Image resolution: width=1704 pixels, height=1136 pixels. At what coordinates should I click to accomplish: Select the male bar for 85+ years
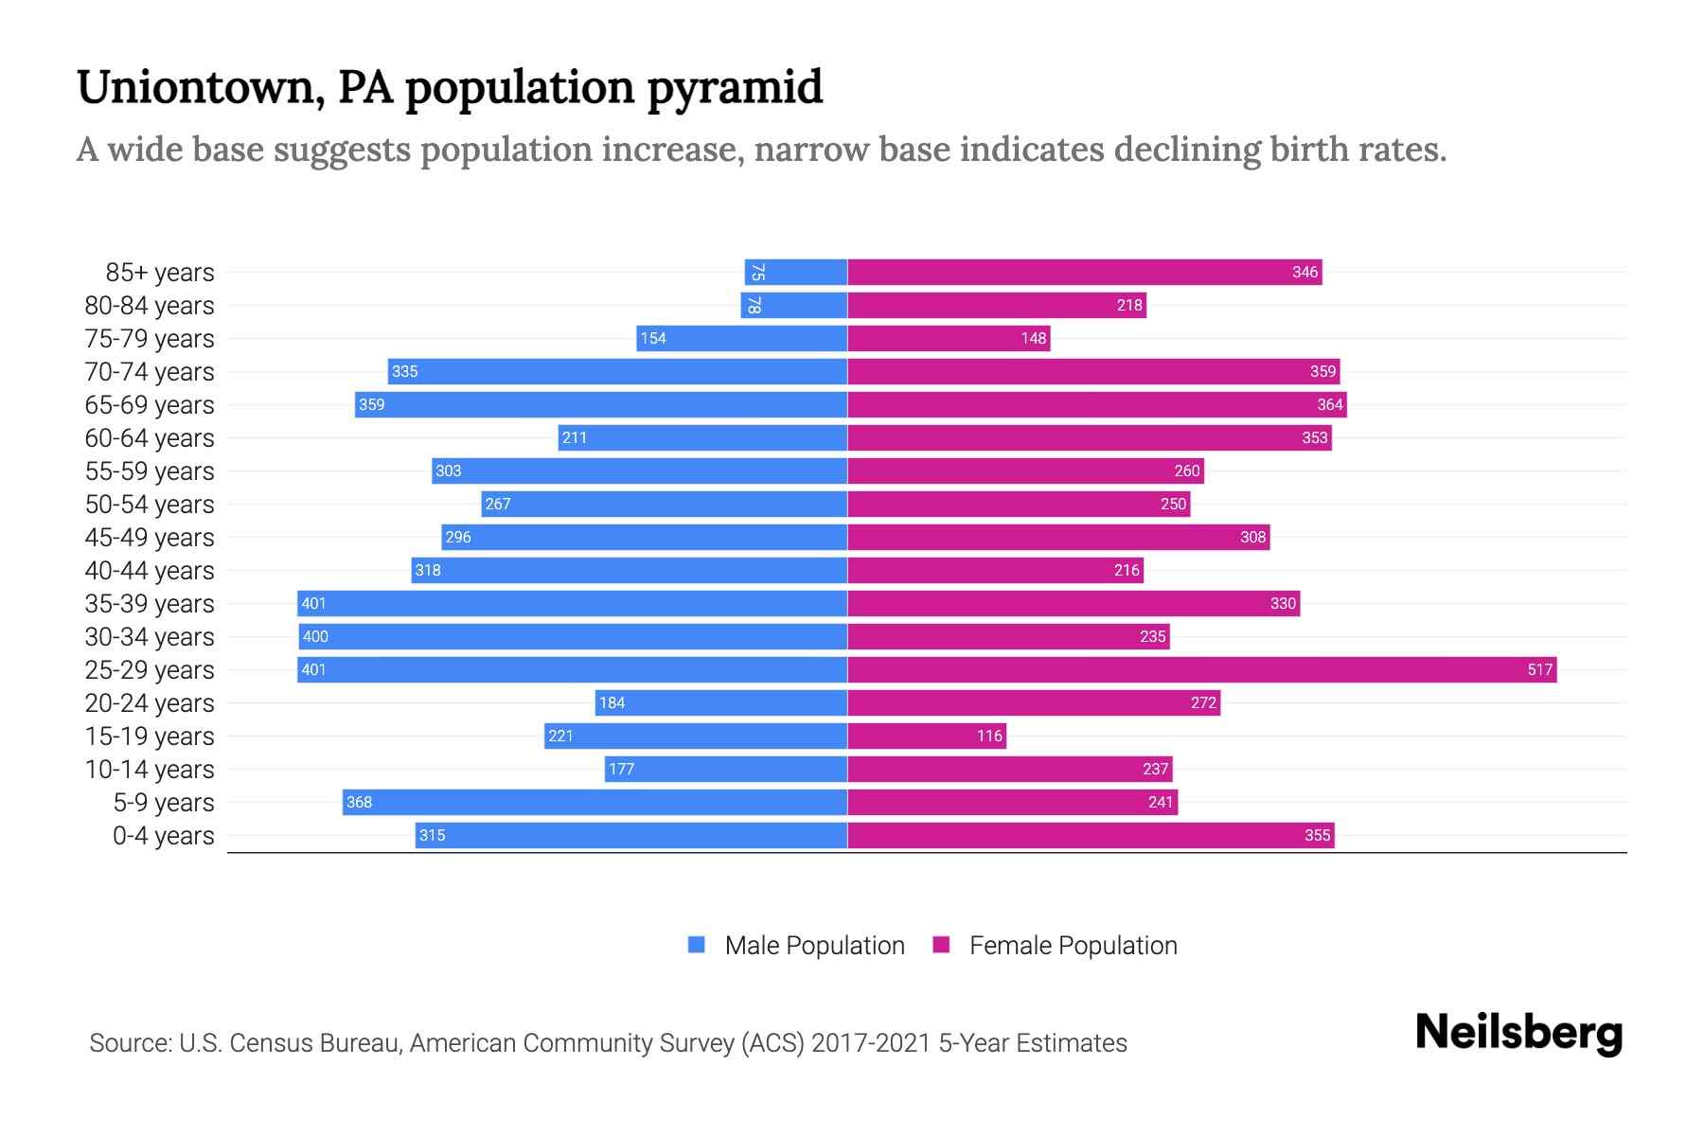[x=795, y=273]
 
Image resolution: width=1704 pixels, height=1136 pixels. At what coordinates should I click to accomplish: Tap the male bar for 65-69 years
[x=601, y=405]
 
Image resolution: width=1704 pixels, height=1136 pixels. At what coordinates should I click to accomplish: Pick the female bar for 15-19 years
[x=926, y=737]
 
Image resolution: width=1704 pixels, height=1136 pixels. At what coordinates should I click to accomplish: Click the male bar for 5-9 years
[x=595, y=803]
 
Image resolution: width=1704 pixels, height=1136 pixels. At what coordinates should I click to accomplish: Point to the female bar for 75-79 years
[x=948, y=339]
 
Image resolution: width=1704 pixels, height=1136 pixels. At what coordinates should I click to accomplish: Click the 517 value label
[x=1539, y=670]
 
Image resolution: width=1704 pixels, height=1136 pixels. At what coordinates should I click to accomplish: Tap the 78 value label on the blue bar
[x=754, y=306]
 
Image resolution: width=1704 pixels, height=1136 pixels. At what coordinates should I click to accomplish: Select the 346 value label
[x=1305, y=273]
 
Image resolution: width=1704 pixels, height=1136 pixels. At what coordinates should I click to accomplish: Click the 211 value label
[x=575, y=438]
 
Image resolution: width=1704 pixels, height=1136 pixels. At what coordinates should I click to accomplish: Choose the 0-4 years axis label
[x=163, y=836]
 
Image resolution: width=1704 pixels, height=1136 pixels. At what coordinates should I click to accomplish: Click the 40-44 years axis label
[x=150, y=571]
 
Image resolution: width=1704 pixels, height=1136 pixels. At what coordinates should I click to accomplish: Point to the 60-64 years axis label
[x=150, y=438]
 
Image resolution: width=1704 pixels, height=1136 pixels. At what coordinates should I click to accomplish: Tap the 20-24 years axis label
[x=150, y=703]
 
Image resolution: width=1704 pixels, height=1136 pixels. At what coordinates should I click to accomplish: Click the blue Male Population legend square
[x=697, y=945]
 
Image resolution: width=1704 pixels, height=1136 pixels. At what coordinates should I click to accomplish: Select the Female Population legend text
[x=1073, y=946]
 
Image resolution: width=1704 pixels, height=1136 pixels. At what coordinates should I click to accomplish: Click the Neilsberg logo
[x=1518, y=1033]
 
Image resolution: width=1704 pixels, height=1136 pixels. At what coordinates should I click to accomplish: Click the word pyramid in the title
[x=735, y=87]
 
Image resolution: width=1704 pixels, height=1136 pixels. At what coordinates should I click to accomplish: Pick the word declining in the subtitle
[x=1187, y=150]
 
